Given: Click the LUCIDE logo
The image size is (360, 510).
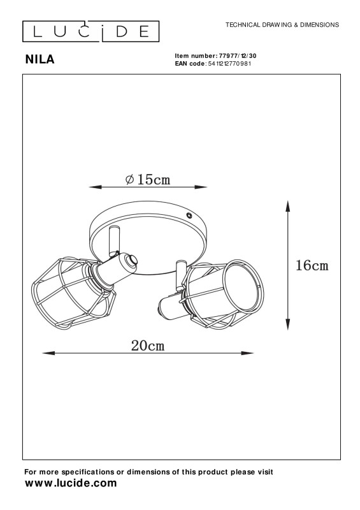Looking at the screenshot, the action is coord(90,31).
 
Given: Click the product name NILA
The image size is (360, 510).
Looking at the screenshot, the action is coord(40,59).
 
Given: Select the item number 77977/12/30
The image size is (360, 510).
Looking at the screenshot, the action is coord(238,56).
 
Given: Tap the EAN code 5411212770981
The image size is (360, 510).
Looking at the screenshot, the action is coord(229,63).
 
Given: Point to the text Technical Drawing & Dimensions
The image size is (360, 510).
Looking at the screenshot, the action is coord(282,25).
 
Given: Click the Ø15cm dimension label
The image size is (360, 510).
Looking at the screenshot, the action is coord(148,179).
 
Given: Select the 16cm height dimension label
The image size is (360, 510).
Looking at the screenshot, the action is coord(312,265).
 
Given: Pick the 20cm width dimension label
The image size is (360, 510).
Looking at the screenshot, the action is coord(148,346).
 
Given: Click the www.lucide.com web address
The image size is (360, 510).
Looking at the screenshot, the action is coord(71,483).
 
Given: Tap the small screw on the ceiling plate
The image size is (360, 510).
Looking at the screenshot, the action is coord(189,215).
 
